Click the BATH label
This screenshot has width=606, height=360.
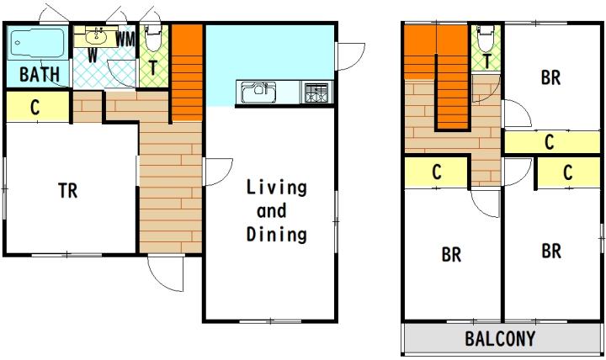click(40, 74)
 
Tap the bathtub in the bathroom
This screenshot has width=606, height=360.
click(38, 43)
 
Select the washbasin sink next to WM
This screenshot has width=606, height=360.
click(97, 37)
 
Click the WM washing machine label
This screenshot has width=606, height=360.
click(125, 40)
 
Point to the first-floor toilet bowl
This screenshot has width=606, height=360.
click(152, 39)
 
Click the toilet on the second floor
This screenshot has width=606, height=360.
click(485, 39)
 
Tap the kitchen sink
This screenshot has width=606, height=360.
click(258, 93)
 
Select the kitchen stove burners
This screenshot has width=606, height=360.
click(316, 93)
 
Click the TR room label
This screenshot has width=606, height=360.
click(67, 190)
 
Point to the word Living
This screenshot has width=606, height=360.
click(277, 188)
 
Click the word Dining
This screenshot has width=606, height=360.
click(277, 234)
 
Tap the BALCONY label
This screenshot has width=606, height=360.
click(500, 339)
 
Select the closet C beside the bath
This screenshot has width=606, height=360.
click(38, 107)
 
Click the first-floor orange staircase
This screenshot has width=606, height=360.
click(187, 73)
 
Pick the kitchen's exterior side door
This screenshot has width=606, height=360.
click(350, 57)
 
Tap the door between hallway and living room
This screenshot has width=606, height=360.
click(218, 172)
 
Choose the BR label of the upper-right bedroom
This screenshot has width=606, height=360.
click(550, 77)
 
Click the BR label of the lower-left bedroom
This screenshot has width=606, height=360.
click(451, 255)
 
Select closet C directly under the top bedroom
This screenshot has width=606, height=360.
click(552, 142)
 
